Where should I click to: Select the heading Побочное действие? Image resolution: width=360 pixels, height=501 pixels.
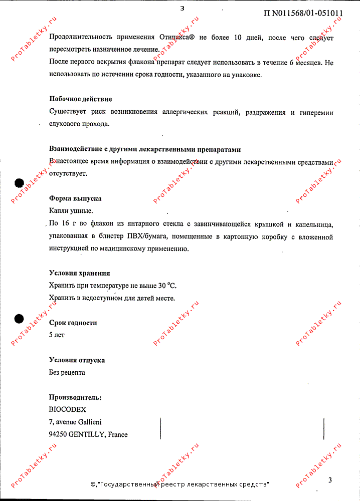pyautogui.click(x=80, y=99)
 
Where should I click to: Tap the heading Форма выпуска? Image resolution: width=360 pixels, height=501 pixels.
pyautogui.click(x=75, y=198)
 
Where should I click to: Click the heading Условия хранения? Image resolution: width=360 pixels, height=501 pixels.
pyautogui.click(x=79, y=273)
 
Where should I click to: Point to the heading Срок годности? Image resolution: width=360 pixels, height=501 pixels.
pyautogui.click(x=73, y=323)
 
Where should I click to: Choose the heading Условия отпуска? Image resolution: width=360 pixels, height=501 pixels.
pyautogui.click(x=77, y=360)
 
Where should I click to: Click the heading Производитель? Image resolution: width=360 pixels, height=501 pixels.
pyautogui.click(x=75, y=397)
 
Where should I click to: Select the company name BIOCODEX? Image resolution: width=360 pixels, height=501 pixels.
pyautogui.click(x=68, y=409)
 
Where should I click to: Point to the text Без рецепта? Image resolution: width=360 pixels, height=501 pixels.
pyautogui.click(x=67, y=372)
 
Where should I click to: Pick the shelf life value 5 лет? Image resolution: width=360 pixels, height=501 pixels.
pyautogui.click(x=57, y=335)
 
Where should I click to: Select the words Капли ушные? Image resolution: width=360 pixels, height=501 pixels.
pyautogui.click(x=71, y=211)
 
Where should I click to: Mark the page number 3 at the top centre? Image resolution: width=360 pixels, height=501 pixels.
pyautogui.click(x=182, y=8)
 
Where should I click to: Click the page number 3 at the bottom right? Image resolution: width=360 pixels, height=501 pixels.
pyautogui.click(x=330, y=480)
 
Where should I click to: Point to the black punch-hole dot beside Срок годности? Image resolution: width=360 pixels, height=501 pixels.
pyautogui.click(x=19, y=319)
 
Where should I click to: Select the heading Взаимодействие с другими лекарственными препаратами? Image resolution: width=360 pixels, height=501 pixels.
pyautogui.click(x=145, y=149)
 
